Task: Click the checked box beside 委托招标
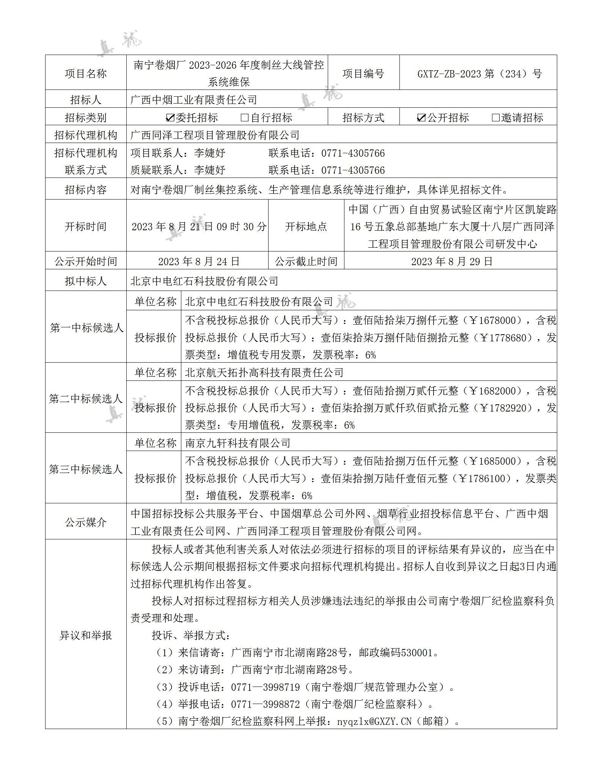(x=170, y=118)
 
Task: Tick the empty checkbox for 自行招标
(x=245, y=118)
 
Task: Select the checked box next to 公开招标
(x=421, y=118)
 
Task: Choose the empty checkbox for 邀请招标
(x=495, y=118)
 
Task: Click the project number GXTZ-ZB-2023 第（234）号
(x=479, y=74)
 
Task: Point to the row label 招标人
(x=86, y=100)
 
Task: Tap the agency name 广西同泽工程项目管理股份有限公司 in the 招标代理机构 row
(x=215, y=135)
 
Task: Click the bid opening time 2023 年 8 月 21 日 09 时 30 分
(x=199, y=227)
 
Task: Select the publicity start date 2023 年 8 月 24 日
(x=199, y=261)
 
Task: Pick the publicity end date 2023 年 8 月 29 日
(x=452, y=261)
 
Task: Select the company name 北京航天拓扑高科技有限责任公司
(x=264, y=372)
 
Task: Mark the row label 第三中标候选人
(x=86, y=470)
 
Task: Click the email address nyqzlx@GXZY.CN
(x=374, y=721)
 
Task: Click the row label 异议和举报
(x=86, y=635)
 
